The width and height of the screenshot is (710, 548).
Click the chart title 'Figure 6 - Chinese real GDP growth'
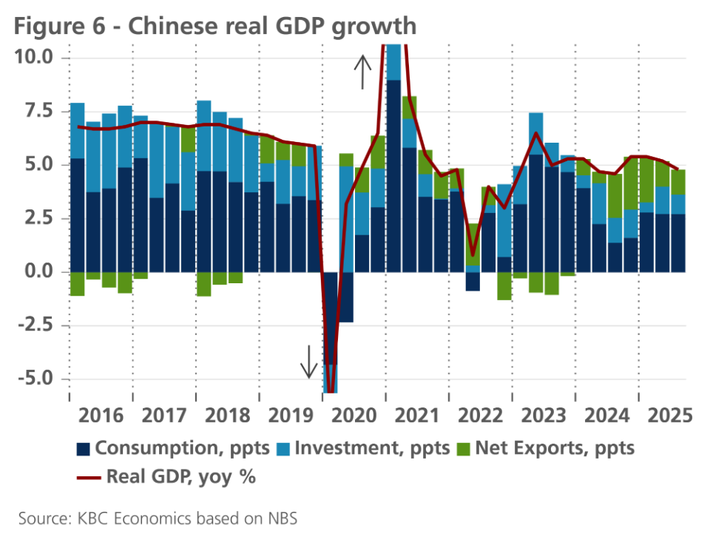(214, 27)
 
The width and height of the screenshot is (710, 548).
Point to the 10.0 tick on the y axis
(33, 58)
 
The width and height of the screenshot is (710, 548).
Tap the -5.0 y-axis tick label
(35, 379)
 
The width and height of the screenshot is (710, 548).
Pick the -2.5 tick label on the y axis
(35, 325)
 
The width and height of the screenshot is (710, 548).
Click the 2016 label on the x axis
(101, 415)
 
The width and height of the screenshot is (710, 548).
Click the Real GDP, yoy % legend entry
(167, 476)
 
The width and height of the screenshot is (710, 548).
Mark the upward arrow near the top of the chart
(362, 72)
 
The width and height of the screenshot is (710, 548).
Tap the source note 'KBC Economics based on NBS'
(158, 519)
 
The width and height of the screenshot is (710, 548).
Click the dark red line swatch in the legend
(88, 477)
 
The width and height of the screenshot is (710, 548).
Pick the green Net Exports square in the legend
(463, 448)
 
